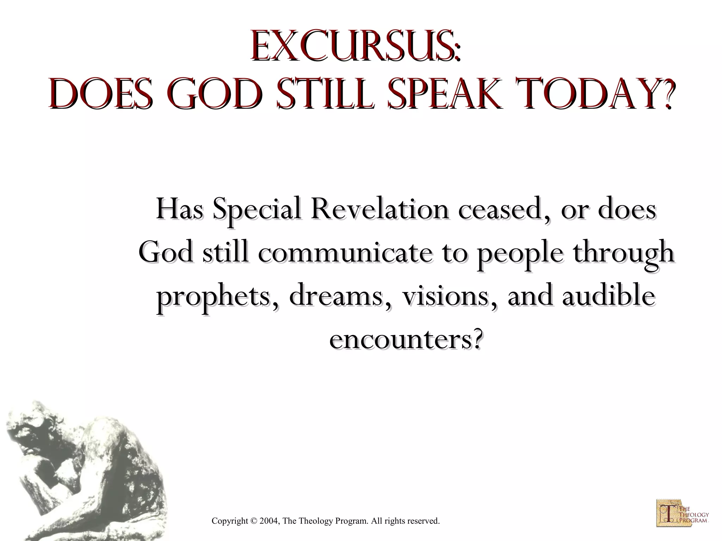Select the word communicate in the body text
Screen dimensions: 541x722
click(345, 253)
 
